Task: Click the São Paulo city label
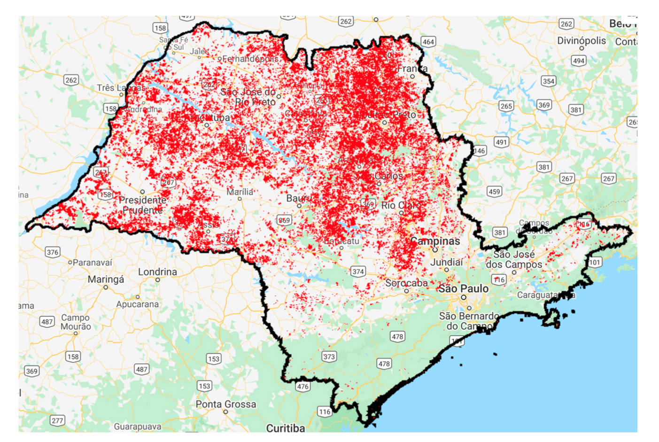tap(463, 288)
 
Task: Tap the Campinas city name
tap(435, 241)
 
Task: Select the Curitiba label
tap(285, 428)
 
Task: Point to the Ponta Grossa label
tap(226, 404)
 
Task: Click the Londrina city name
tap(157, 272)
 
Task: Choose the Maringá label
tap(106, 279)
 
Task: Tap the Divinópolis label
tap(581, 41)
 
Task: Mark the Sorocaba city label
tap(406, 283)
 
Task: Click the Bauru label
tap(299, 198)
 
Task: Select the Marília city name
tap(240, 192)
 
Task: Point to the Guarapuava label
tap(138, 426)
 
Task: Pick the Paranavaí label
tap(93, 263)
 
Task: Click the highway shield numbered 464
tap(428, 41)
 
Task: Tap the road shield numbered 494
tap(579, 61)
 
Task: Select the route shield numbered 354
tap(548, 81)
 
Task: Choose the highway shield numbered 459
tap(494, 191)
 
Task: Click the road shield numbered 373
tap(329, 357)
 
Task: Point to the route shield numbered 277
tap(57, 420)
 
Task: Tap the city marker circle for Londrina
tap(158, 280)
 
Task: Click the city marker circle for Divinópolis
tap(581, 48)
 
